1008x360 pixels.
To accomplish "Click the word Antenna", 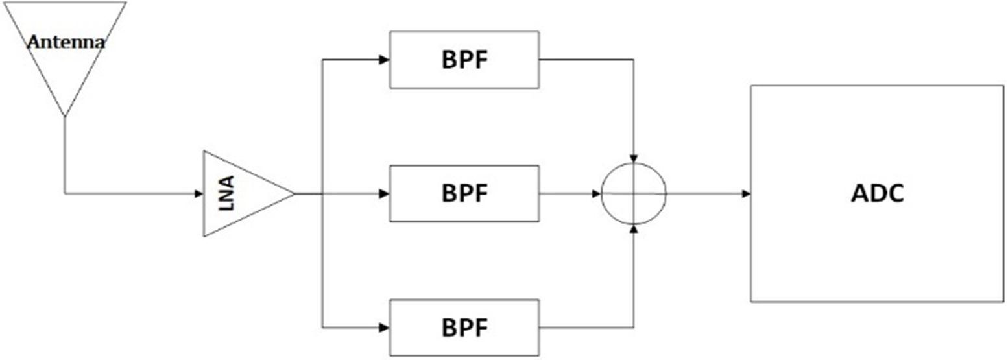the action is coord(66,43).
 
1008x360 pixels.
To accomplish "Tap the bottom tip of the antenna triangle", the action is coord(64,115).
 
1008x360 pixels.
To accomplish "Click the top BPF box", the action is coord(464,60).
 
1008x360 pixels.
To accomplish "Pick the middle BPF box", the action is coord(464,193).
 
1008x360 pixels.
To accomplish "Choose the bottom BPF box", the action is coord(464,328).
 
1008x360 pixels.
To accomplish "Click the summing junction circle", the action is coord(634,193).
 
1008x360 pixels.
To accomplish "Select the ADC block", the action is coord(876,193).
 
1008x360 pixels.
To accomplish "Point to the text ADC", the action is coord(876,193).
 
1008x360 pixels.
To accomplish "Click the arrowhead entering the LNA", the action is coord(199,193).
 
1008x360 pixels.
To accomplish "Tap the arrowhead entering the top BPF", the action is coord(385,60).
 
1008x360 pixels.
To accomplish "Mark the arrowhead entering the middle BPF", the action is coord(385,193).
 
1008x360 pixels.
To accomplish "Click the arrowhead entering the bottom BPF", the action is coord(385,328).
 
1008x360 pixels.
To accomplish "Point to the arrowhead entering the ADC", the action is coord(747,193).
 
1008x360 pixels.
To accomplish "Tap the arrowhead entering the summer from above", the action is coord(634,158).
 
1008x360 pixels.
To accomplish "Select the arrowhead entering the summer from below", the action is coord(634,229).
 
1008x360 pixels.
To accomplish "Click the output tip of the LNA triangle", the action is coord(294,193).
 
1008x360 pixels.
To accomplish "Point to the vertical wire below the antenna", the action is coord(64,156).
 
